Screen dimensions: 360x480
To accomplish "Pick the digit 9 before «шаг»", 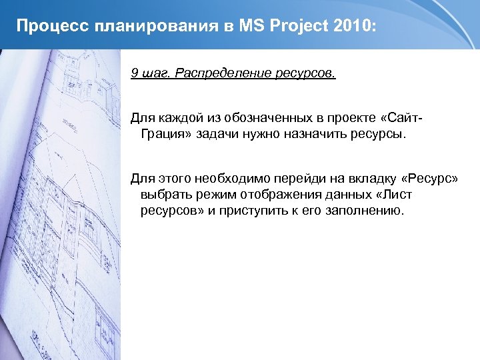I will point(134,73).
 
